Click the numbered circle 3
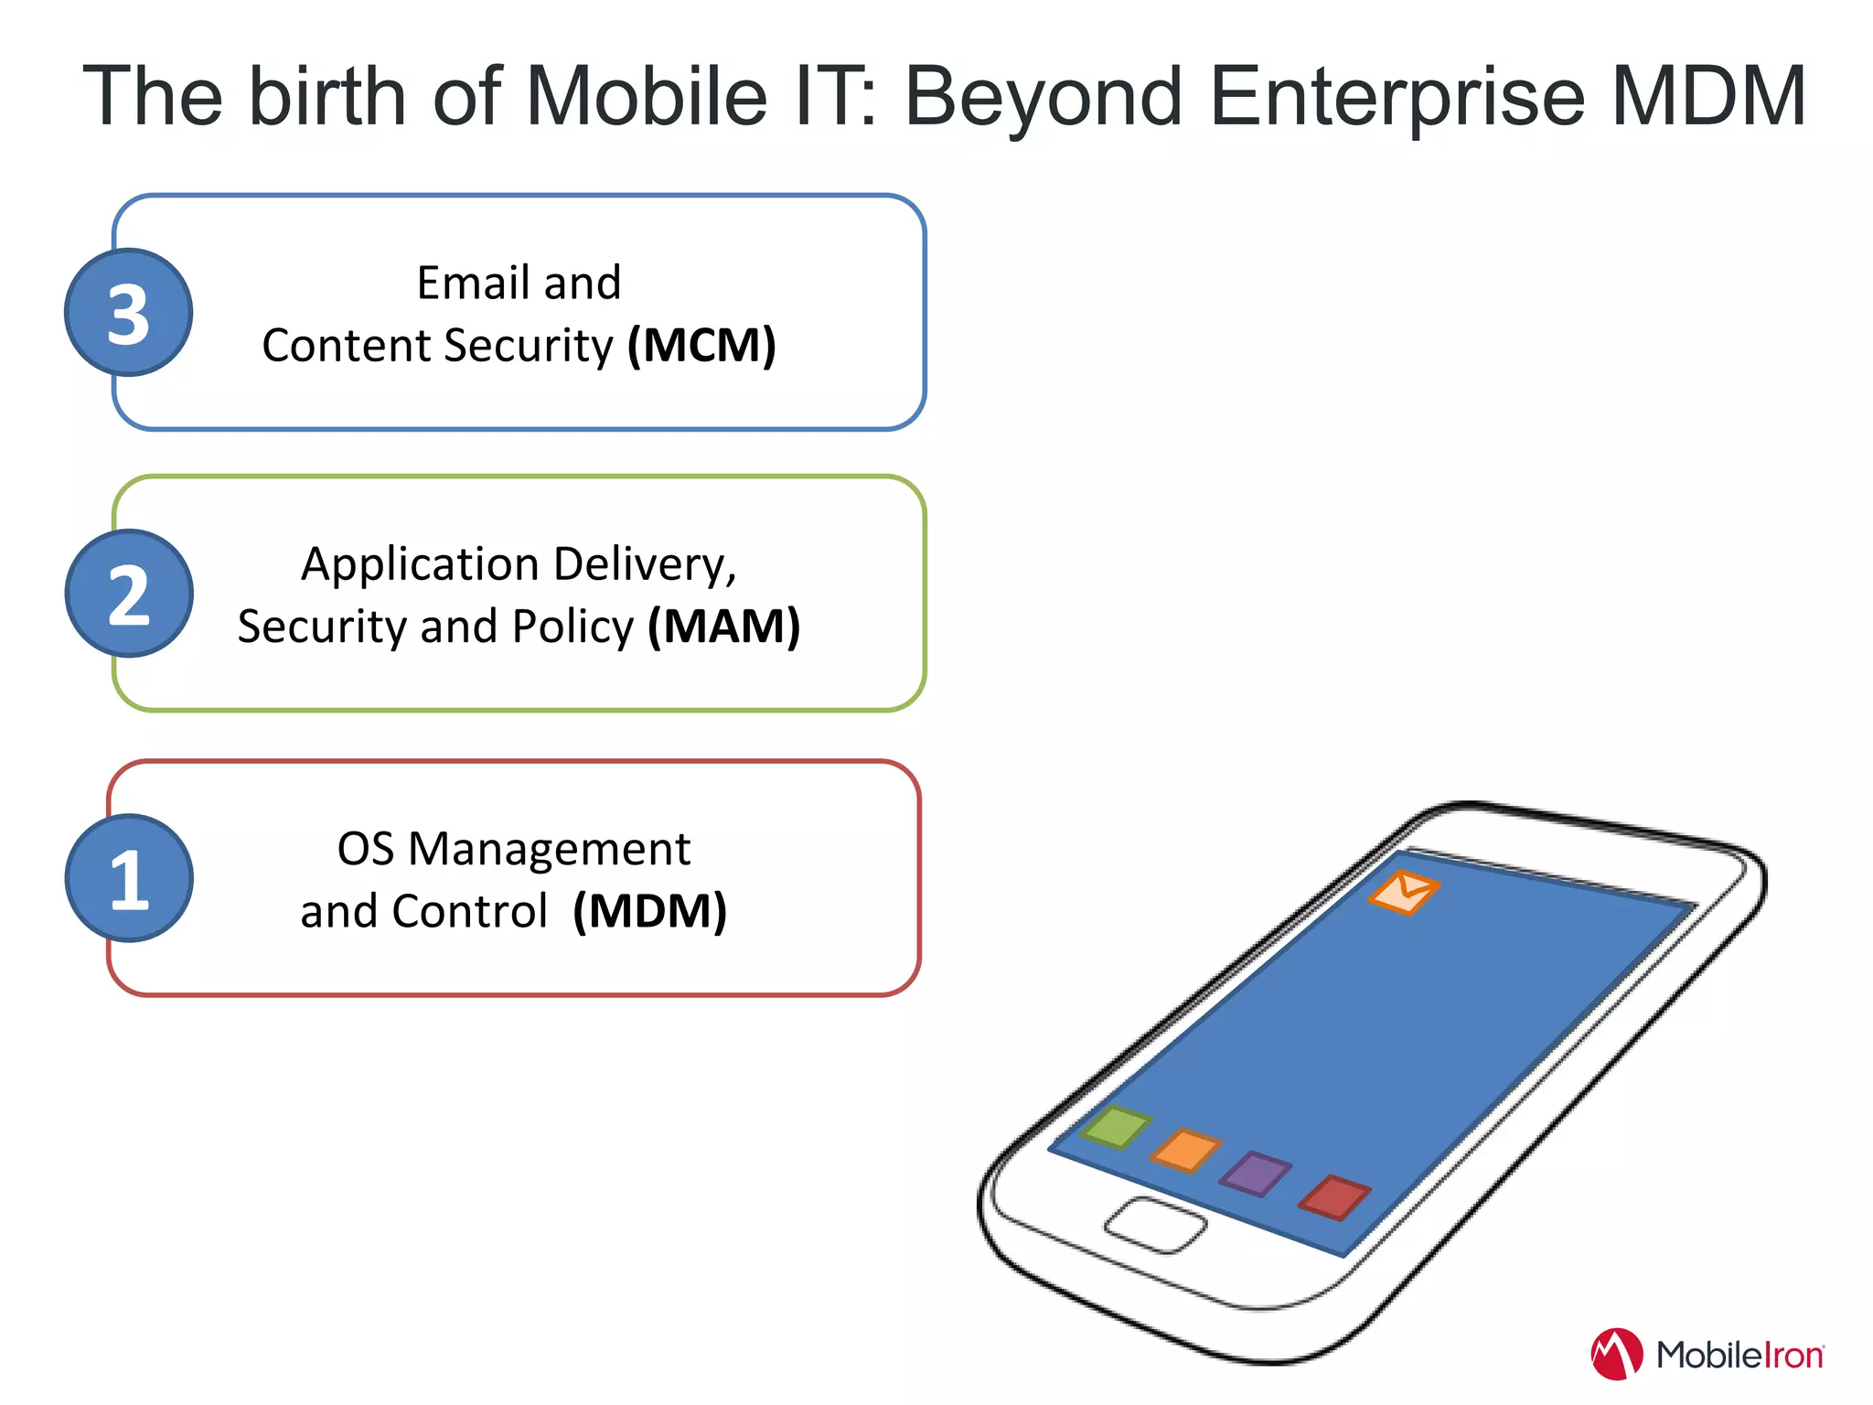pos(128,313)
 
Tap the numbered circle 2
pos(128,594)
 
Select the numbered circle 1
pos(128,878)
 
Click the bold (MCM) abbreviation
pos(701,346)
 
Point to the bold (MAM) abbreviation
pos(723,627)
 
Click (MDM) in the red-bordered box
pos(649,911)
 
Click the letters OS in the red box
pos(365,849)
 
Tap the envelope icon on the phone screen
pos(1404,891)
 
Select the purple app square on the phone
pos(1256,1174)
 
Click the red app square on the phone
pos(1334,1197)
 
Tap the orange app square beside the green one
pos(1186,1150)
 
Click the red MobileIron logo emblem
pos(1616,1354)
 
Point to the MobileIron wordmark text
pos(1739,1355)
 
